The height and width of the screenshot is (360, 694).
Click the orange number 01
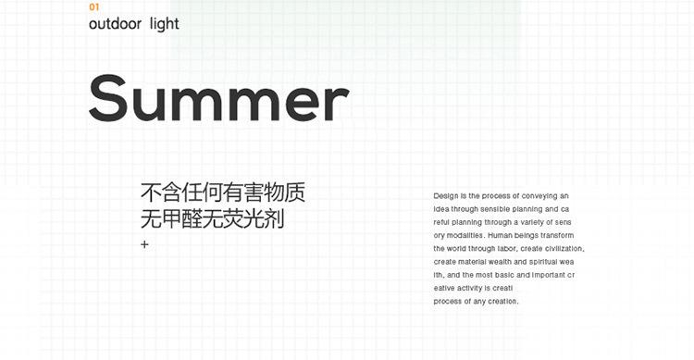pos(93,7)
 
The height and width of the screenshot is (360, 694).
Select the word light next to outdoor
pos(164,24)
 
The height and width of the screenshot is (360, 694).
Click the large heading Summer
pos(218,98)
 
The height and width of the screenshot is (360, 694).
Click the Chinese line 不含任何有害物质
pos(222,193)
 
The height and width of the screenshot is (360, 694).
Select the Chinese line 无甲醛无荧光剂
pos(211,220)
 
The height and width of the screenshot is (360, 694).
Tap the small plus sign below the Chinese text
pos(144,244)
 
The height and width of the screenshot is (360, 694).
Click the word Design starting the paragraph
pos(446,196)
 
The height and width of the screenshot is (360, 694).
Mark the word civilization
pos(562,249)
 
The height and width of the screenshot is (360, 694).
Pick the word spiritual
pos(540,263)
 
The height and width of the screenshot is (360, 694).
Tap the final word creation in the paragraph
pos(503,302)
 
